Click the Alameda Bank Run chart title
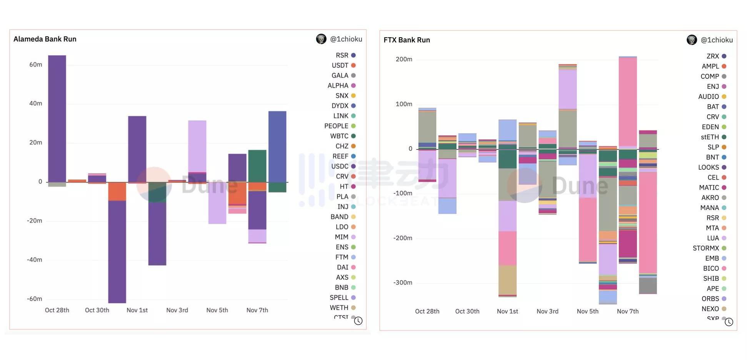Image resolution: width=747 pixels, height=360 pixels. (x=45, y=39)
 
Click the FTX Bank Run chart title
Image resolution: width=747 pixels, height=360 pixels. (x=407, y=40)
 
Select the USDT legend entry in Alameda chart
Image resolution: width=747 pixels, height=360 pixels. (x=340, y=65)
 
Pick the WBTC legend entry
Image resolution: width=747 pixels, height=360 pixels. (x=340, y=136)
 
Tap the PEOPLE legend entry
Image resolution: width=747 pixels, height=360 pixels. (x=337, y=126)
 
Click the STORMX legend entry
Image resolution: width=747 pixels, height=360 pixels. (x=706, y=248)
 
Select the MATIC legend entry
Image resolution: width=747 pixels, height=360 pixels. (x=709, y=188)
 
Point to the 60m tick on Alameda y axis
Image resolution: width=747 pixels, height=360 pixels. (x=36, y=65)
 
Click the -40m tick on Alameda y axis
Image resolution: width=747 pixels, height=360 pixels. (x=35, y=260)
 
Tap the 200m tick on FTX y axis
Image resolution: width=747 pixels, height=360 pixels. (x=404, y=59)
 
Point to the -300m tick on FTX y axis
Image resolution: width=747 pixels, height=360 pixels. (x=403, y=283)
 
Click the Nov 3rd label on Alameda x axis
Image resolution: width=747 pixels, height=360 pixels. (x=177, y=310)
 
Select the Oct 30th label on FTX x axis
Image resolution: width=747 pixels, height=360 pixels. (x=467, y=312)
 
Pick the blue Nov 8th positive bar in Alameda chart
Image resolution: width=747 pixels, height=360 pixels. (x=277, y=146)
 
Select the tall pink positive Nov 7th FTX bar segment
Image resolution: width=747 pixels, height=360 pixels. (x=628, y=102)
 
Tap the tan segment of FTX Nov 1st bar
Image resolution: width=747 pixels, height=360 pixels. (x=507, y=280)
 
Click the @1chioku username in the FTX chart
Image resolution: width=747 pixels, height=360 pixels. (x=717, y=40)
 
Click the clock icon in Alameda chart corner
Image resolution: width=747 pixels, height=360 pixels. (x=358, y=321)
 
